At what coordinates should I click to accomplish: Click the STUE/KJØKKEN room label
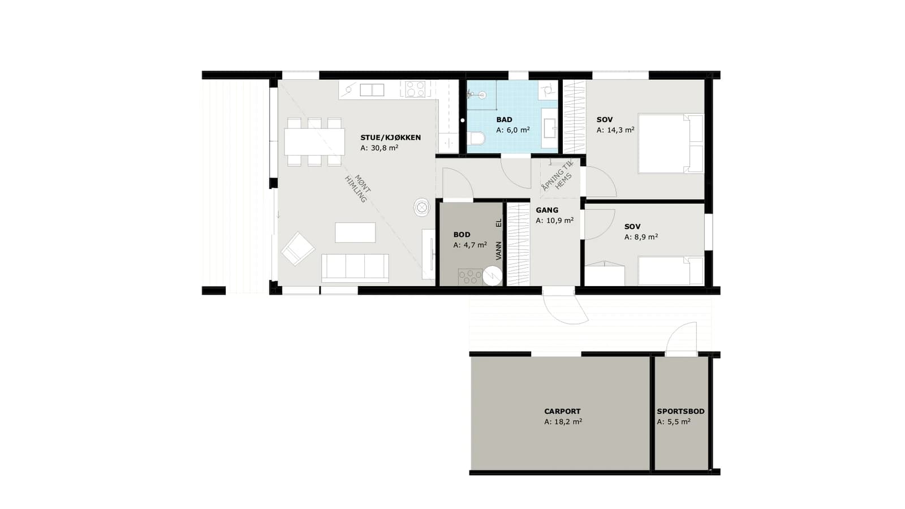tap(390, 137)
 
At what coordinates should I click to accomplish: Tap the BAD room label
tap(504, 119)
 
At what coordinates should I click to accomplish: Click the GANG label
tap(547, 210)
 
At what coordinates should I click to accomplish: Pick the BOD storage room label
tap(462, 234)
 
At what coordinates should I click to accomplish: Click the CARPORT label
tap(562, 411)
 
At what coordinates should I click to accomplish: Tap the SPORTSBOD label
tap(680, 411)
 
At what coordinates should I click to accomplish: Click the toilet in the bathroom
tap(477, 139)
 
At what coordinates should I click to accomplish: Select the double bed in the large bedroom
tap(671, 144)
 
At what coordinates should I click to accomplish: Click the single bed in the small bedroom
tap(671, 270)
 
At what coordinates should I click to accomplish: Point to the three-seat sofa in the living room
tap(355, 268)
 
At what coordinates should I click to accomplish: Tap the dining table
tap(314, 142)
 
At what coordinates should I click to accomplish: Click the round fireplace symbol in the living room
tap(422, 207)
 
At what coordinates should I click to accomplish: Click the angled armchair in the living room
tap(298, 248)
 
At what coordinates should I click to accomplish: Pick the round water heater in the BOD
tap(493, 277)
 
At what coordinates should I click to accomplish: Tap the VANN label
tap(498, 251)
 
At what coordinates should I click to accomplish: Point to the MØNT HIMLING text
tap(358, 189)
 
